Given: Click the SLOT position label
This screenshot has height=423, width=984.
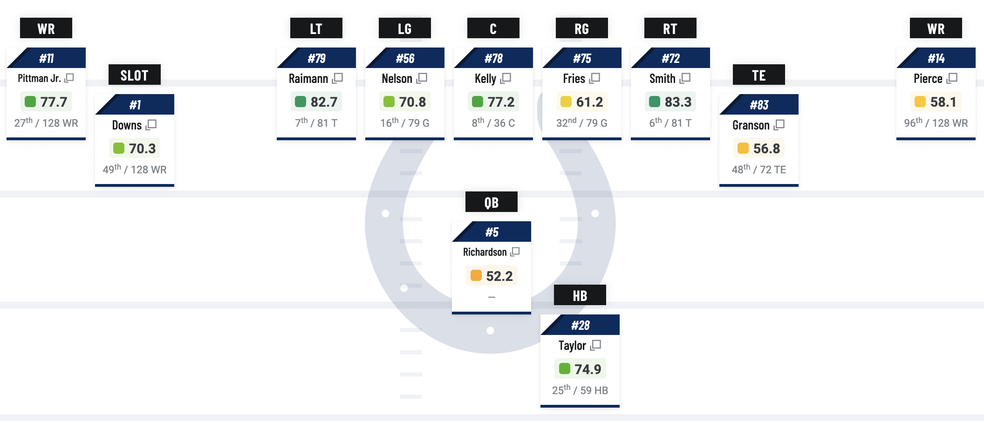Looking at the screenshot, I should (x=134, y=75).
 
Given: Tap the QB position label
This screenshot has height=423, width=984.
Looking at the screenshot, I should (x=491, y=202).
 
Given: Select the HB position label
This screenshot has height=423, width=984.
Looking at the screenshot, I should (x=580, y=295).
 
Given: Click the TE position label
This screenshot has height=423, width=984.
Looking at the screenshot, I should (x=758, y=75).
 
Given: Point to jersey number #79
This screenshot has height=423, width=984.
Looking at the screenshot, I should (x=316, y=58).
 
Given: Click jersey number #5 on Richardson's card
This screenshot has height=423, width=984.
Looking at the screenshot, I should (x=492, y=232).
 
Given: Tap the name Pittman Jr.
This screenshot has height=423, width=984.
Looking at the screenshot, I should (x=39, y=78).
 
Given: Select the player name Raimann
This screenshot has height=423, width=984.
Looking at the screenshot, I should (x=308, y=78).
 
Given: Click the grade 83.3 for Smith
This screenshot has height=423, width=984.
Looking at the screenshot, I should (x=677, y=102).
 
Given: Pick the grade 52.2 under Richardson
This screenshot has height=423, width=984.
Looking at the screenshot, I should (x=499, y=276).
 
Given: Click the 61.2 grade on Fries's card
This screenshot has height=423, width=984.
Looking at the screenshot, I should (x=589, y=102).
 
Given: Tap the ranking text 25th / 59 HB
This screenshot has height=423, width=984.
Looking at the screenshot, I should (x=580, y=390).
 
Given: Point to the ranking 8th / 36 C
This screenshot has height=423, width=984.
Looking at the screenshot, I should (x=493, y=123).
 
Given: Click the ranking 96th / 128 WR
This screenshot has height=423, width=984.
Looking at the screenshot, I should (x=936, y=123).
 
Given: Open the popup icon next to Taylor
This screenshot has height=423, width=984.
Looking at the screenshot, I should (x=595, y=345).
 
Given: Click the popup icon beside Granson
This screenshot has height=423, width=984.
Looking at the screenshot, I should (x=779, y=125).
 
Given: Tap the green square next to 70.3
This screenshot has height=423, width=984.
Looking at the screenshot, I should (x=119, y=148).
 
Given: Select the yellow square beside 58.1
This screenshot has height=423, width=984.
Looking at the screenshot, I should (x=920, y=102).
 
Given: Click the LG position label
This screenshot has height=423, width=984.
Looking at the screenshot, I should (x=404, y=28).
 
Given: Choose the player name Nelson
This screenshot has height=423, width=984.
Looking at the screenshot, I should (x=396, y=78).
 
